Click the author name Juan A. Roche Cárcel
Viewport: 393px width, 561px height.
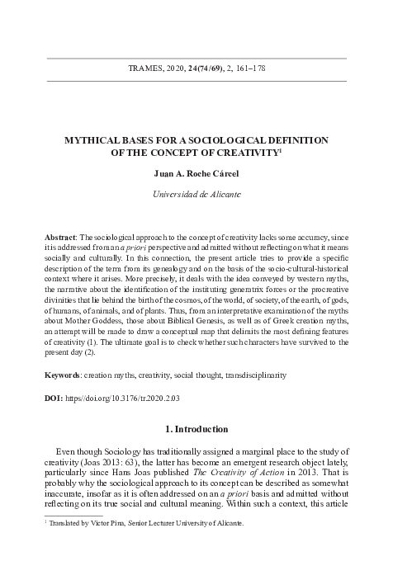point(196,174)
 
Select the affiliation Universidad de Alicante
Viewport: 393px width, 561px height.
point(196,196)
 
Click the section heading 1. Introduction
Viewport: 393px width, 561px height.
point(196,429)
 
